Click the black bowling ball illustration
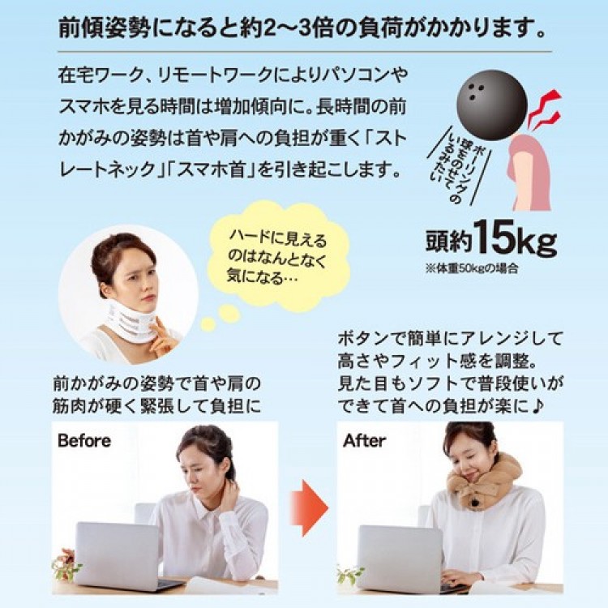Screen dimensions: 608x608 coord(492,105)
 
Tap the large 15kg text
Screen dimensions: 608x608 coord(516,238)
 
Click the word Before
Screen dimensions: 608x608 coord(84,441)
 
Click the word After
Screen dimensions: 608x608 coord(364,441)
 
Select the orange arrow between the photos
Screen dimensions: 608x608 coord(309,508)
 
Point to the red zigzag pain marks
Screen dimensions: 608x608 coord(544,109)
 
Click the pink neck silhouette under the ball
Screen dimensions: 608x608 coord(529,170)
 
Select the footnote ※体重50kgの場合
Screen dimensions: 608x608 coord(471,268)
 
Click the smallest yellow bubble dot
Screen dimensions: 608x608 coord(208,324)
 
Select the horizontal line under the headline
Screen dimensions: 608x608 coord(304,52)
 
